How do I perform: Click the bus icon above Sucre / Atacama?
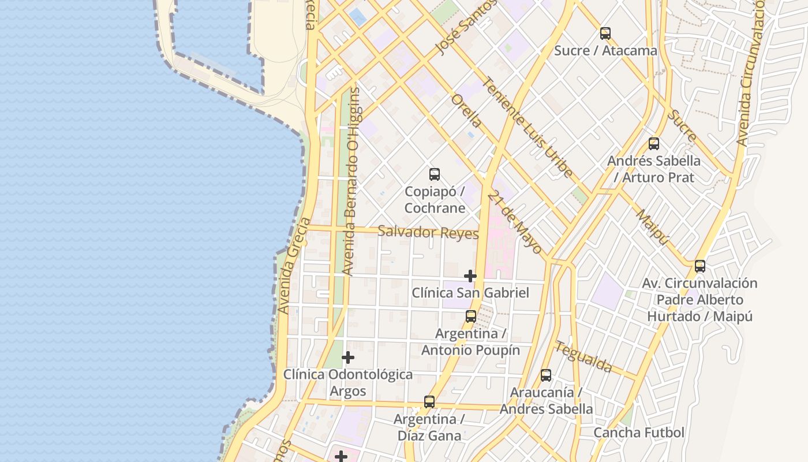pyautogui.click(x=605, y=33)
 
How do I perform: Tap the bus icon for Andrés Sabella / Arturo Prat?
pyautogui.click(x=653, y=144)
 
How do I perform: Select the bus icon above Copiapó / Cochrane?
pyautogui.click(x=434, y=174)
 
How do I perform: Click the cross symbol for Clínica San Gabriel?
pyautogui.click(x=470, y=276)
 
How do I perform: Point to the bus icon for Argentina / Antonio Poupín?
pyautogui.click(x=470, y=316)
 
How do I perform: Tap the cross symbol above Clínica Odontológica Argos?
pyautogui.click(x=347, y=358)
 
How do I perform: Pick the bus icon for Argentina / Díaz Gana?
pyautogui.click(x=429, y=402)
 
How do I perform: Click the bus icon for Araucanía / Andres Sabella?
pyautogui.click(x=545, y=375)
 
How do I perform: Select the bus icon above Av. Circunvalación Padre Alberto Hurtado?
pyautogui.click(x=699, y=266)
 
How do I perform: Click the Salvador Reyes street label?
pyautogui.click(x=428, y=232)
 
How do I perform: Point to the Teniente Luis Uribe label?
pyautogui.click(x=528, y=127)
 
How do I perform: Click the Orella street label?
pyautogui.click(x=466, y=111)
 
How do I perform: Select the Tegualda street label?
pyautogui.click(x=583, y=356)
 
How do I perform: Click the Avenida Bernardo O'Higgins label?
pyautogui.click(x=350, y=181)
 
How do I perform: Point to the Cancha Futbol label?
pyautogui.click(x=638, y=433)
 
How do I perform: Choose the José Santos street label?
pyautogui.click(x=466, y=27)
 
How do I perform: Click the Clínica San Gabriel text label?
pyautogui.click(x=470, y=293)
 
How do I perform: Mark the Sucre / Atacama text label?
pyautogui.click(x=605, y=51)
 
